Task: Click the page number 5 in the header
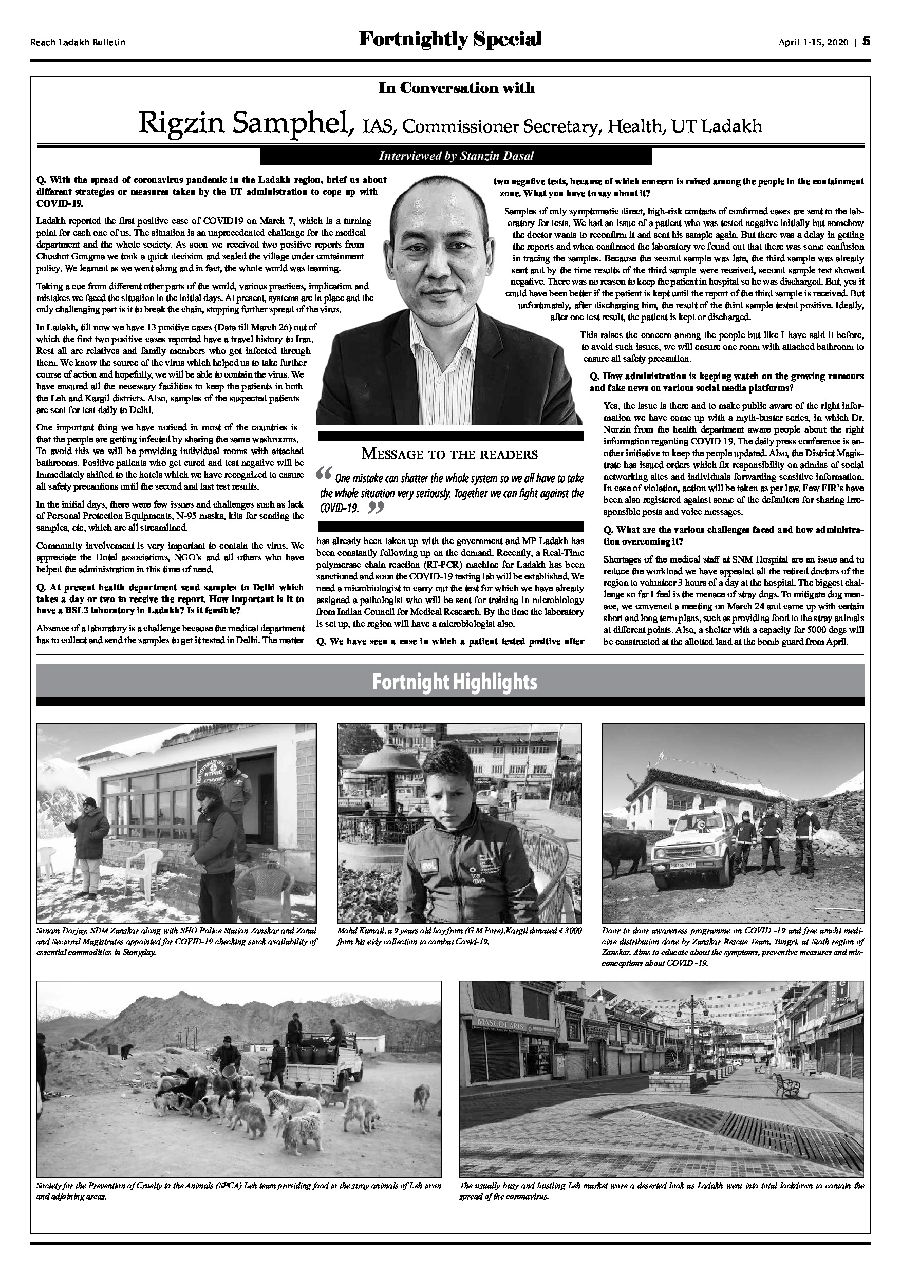coord(866,42)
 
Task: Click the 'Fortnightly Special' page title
coord(450,40)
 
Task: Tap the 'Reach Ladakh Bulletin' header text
coord(78,42)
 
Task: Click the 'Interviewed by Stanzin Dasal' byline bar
coord(456,157)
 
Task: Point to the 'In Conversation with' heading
coord(456,88)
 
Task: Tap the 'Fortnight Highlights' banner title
coord(455,682)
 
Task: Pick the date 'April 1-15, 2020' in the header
coord(813,42)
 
